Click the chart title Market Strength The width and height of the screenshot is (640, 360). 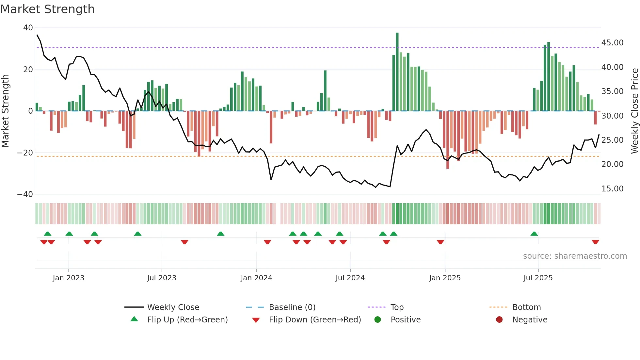[x=47, y=9]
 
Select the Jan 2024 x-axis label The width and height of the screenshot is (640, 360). [x=256, y=278]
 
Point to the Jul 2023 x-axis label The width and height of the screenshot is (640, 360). [x=162, y=278]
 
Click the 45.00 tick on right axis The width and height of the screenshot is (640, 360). [x=612, y=43]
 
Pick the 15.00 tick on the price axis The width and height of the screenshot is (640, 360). [x=612, y=189]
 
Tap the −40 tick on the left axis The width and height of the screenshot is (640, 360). [x=25, y=194]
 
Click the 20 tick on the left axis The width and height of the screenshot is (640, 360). [x=28, y=69]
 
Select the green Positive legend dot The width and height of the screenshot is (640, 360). [x=378, y=319]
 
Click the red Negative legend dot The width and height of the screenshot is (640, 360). [x=499, y=319]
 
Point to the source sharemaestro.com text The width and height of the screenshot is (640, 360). [x=575, y=256]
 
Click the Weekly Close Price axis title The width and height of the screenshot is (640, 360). [x=634, y=111]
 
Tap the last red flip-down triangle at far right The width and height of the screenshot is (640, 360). [x=595, y=242]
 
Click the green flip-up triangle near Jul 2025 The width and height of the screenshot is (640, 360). [x=534, y=234]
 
